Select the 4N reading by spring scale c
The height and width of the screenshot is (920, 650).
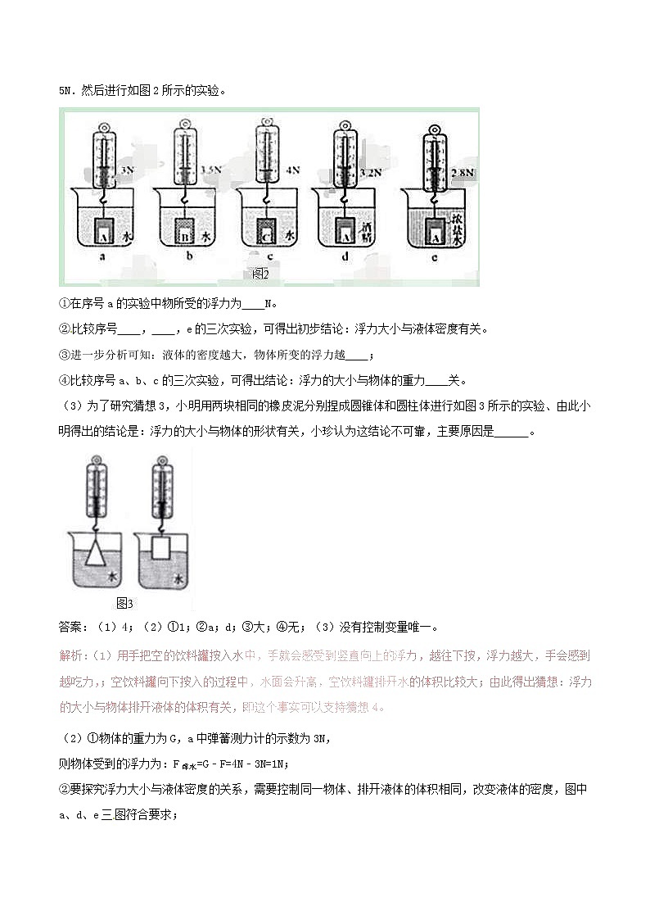pyautogui.click(x=292, y=170)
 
